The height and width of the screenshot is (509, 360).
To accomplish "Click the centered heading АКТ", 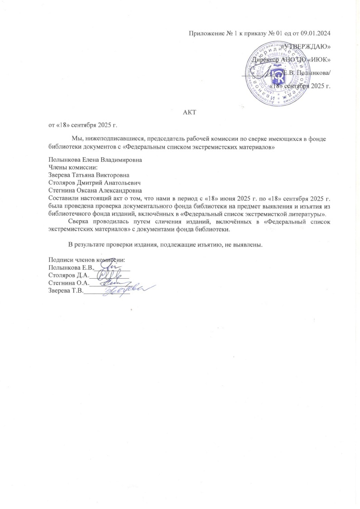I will [x=189, y=111].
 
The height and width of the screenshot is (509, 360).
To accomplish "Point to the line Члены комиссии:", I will [x=70, y=168].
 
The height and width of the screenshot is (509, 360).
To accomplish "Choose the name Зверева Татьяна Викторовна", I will [x=89, y=175].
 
